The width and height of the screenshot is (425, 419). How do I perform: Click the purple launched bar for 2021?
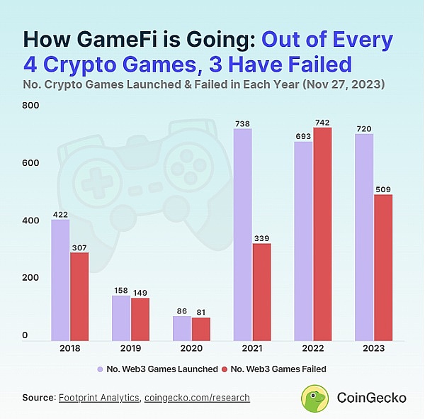(242, 235)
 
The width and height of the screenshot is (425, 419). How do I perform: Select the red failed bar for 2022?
(322, 234)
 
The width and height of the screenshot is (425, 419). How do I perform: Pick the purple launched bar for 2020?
(182, 328)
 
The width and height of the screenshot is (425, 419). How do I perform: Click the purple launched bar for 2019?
(121, 318)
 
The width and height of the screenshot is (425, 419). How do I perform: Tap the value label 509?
(383, 189)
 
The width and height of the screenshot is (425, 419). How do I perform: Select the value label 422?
(59, 213)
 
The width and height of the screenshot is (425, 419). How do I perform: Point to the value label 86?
(182, 311)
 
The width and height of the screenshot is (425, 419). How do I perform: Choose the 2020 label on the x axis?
(191, 349)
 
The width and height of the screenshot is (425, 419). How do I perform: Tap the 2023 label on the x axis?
(373, 349)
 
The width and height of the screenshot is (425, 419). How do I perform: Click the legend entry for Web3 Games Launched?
(152, 369)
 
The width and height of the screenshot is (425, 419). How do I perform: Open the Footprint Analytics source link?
(99, 398)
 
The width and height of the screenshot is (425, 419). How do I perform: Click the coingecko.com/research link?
(197, 398)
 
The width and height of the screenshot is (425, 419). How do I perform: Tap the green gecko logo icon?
(314, 398)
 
